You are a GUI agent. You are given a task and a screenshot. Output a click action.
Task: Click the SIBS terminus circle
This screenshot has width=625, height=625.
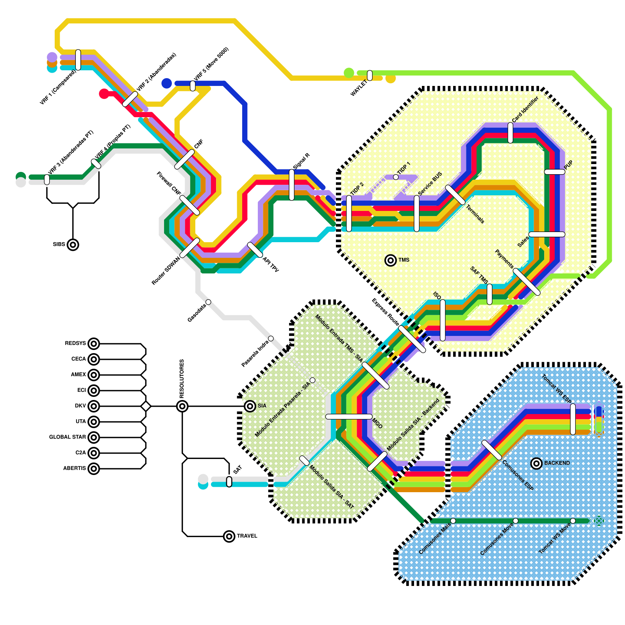point(73,245)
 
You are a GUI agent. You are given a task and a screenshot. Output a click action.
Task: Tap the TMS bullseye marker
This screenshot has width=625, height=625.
point(390,260)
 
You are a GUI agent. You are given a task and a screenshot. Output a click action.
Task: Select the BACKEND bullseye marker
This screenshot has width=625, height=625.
point(536,463)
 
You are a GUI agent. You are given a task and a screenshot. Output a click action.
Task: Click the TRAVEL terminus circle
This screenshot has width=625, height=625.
point(229,536)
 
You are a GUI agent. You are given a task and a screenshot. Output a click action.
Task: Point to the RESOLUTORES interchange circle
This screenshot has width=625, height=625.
point(182,406)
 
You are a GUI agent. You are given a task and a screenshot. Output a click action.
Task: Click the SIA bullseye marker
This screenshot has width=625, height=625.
point(250,406)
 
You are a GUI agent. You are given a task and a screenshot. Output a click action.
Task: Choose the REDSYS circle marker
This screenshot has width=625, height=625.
point(93,344)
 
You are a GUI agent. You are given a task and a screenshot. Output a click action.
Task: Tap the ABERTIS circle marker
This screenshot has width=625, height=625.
point(93,468)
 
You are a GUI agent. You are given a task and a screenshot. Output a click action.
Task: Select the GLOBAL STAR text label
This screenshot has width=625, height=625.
point(67,437)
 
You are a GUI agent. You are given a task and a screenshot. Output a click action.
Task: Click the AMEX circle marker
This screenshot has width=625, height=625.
point(93,375)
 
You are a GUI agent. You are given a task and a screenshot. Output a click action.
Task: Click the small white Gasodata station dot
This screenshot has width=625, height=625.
point(208,302)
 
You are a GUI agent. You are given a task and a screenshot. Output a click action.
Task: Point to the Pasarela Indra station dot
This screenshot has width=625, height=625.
point(271,338)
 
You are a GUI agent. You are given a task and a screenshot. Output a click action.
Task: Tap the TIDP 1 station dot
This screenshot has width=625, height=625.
point(396,177)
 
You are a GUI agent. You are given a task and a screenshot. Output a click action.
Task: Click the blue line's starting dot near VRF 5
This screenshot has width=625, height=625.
point(167,83)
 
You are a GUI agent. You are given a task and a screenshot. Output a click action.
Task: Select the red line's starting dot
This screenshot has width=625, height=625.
point(104,94)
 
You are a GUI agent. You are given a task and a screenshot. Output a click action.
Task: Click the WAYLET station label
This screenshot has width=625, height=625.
point(359,88)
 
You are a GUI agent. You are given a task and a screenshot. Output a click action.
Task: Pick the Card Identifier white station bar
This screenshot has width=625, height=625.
point(510,133)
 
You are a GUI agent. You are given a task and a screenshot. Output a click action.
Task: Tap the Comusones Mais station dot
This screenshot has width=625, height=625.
point(453,521)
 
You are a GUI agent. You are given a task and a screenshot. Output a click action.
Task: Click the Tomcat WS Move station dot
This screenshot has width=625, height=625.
point(573,521)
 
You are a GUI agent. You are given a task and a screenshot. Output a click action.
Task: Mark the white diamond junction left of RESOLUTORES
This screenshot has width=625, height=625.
point(146,406)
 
